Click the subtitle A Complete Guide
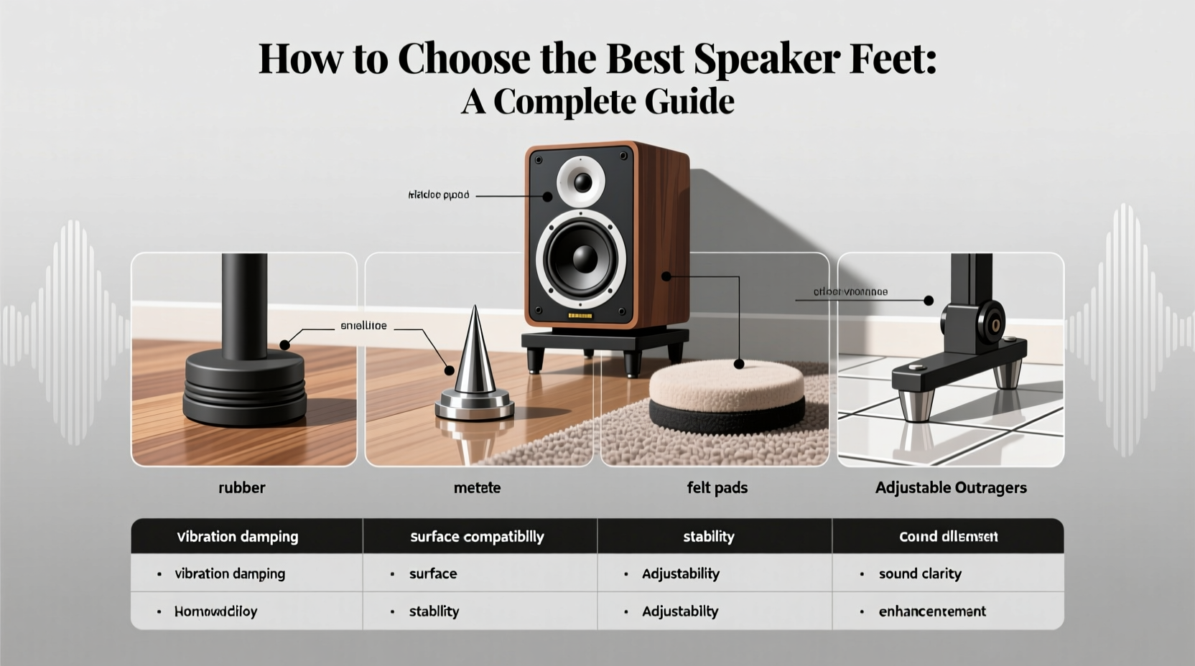click(597, 101)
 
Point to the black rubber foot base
click(244, 388)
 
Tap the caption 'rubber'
click(242, 488)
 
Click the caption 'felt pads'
click(717, 488)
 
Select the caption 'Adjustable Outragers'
click(950, 488)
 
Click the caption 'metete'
click(477, 488)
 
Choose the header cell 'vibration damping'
click(238, 537)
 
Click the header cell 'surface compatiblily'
click(477, 537)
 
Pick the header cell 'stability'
click(708, 537)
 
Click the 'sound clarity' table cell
click(920, 573)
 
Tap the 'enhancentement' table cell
click(932, 611)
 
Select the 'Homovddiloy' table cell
click(215, 611)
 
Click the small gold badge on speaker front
click(580, 316)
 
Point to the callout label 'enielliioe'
click(363, 326)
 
